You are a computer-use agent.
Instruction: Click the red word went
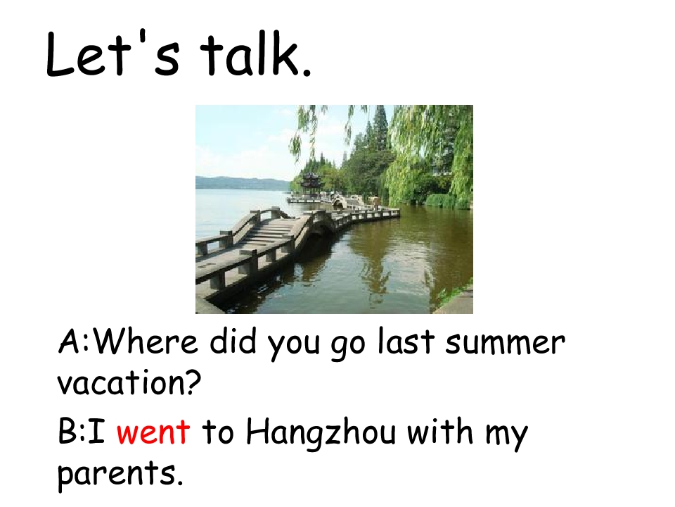(153, 431)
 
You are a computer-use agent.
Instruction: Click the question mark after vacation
(195, 384)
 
